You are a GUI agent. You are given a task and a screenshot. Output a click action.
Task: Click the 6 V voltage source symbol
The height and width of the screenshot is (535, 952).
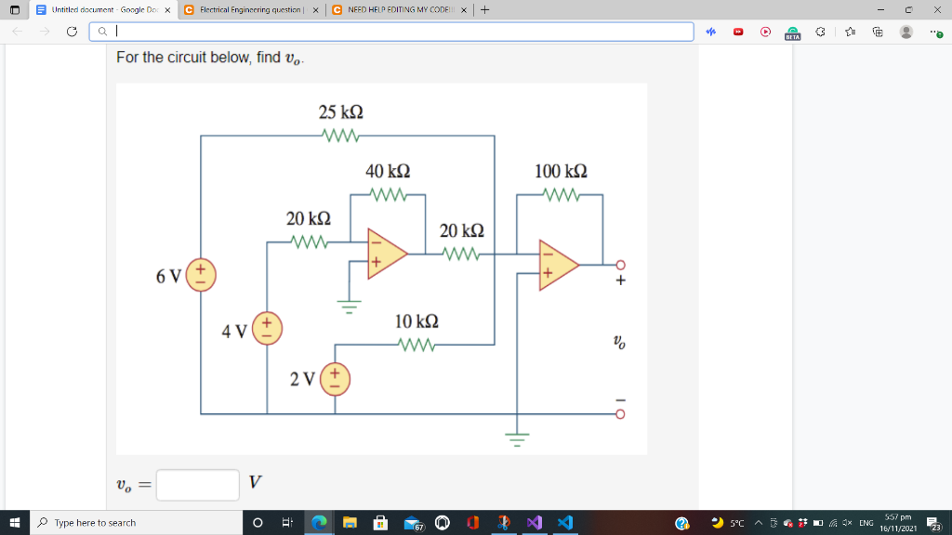click(x=201, y=276)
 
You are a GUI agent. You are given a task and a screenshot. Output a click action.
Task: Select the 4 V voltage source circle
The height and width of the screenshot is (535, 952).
click(x=267, y=330)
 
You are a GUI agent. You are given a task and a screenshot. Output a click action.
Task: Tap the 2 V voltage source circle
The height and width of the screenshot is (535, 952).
click(x=336, y=379)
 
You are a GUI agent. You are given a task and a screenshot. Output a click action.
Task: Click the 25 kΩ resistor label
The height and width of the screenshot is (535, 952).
click(x=340, y=112)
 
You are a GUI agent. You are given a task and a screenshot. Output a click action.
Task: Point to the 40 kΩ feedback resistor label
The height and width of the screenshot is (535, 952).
click(x=388, y=172)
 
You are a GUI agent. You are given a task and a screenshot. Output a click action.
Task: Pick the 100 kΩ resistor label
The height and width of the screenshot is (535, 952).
click(x=561, y=172)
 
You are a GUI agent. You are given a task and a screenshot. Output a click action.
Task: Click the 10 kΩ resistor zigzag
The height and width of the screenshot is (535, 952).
click(x=416, y=345)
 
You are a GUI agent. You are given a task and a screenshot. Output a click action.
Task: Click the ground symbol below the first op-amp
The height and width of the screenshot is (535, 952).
click(x=350, y=307)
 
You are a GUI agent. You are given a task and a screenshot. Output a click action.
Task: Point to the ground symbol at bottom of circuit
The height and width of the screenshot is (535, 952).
click(x=517, y=437)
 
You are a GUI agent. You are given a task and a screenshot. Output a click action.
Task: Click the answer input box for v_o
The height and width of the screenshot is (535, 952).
click(x=197, y=484)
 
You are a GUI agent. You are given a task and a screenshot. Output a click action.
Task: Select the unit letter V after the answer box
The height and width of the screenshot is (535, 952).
click(x=255, y=482)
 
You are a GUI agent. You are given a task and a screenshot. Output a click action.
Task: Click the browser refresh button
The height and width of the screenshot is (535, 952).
click(x=72, y=32)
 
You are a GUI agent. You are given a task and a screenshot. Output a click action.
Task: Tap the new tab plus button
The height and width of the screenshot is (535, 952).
click(x=485, y=9)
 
